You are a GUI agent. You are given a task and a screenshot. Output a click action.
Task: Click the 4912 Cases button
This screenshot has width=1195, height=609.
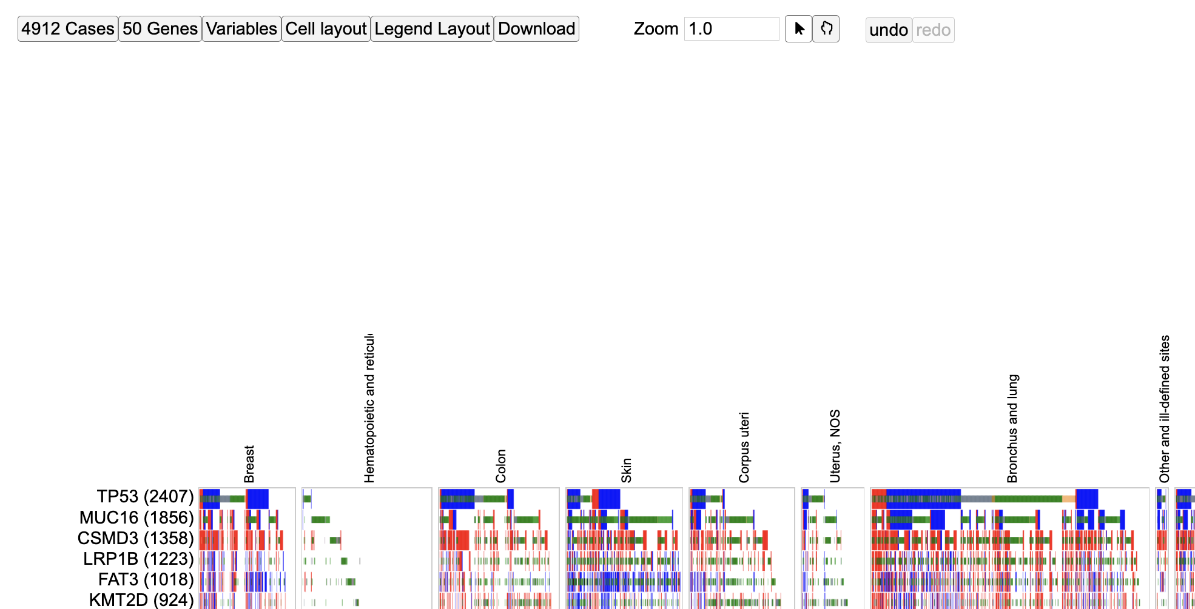pos(68,29)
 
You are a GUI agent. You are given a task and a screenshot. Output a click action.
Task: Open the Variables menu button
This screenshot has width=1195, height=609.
pos(241,29)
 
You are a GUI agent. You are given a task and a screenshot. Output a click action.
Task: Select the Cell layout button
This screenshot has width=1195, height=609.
pos(326,29)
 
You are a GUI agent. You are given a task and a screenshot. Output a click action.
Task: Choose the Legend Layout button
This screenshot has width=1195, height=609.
pos(432,29)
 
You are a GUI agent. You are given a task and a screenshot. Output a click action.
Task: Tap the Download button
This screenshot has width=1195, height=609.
pos(536,29)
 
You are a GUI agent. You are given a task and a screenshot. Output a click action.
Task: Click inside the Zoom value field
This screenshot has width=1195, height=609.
pos(731,29)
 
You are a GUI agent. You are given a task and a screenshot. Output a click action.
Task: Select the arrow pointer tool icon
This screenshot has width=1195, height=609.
pos(799,29)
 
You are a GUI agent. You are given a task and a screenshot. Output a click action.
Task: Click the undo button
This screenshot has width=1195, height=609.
pos(888,30)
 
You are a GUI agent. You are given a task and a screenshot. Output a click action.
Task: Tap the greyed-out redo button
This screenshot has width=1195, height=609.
pos(933,30)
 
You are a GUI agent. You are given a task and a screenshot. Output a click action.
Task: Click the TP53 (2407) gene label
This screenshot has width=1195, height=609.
pos(145,497)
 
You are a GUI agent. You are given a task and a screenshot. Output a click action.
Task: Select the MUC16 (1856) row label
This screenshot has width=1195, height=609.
pos(136,518)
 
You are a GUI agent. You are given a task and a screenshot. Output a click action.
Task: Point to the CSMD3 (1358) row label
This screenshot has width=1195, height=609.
pos(135,539)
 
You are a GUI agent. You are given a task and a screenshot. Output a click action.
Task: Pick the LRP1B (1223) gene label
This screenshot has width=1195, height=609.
pos(138,559)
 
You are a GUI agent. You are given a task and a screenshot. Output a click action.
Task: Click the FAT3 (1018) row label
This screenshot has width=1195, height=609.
pos(146,580)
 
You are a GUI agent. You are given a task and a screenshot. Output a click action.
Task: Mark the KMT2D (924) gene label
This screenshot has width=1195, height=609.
pos(141,600)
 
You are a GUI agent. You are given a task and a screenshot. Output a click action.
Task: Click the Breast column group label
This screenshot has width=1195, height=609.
pos(249,464)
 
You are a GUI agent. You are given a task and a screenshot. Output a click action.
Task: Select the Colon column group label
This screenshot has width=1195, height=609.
pos(501,466)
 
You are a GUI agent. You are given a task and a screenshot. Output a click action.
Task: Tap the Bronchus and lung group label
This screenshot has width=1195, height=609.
pos(1012,428)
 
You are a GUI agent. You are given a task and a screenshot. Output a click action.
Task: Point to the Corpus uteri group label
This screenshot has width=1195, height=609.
pos(744,447)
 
